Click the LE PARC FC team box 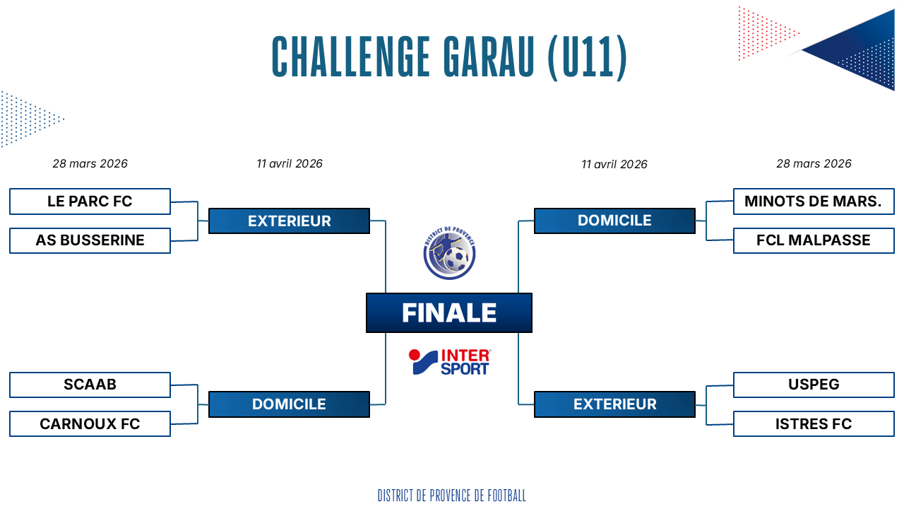[90, 201]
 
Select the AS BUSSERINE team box [90, 241]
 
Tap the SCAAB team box [90, 385]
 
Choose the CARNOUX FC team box [90, 423]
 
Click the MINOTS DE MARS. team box [814, 201]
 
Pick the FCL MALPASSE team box [814, 241]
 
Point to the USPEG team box [814, 385]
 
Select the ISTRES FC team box [814, 423]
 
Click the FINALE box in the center [448, 312]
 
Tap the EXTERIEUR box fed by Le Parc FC [289, 221]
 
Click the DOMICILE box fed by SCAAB [289, 404]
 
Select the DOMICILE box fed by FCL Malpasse [614, 221]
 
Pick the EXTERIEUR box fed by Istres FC [614, 404]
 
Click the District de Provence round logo [449, 253]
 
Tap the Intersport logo [450, 362]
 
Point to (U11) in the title [588, 57]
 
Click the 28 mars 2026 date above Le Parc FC [90, 163]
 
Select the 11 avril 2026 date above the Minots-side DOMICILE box [614, 165]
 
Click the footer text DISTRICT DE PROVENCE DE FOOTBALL [452, 496]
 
